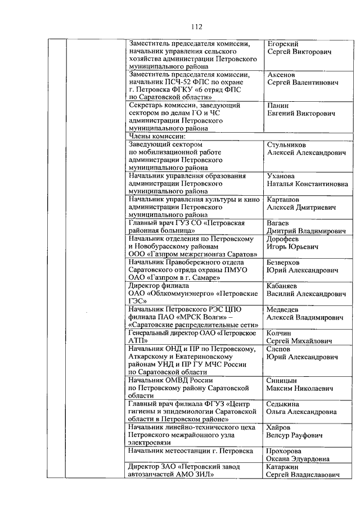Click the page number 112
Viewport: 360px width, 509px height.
(196, 27)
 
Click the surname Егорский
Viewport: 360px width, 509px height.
(283, 43)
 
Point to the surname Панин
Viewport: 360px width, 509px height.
(279, 106)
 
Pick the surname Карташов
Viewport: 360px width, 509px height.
(283, 200)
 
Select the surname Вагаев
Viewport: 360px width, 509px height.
(279, 223)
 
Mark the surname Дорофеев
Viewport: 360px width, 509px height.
(284, 239)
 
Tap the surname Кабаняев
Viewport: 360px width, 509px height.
(286, 286)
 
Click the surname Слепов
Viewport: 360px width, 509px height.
(279, 349)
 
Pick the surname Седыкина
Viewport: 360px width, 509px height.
(283, 404)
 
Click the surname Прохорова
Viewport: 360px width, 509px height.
(285, 451)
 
